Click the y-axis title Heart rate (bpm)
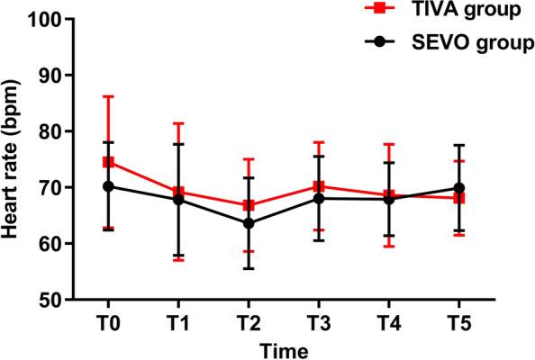tap(13, 159)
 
